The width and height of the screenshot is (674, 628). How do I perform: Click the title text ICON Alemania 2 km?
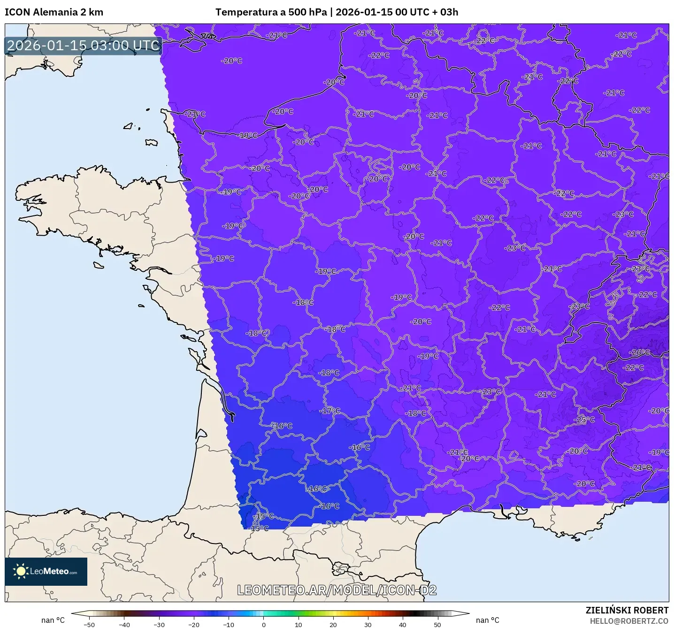pos(54,12)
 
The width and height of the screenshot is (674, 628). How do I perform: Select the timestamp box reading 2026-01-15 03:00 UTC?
pos(84,46)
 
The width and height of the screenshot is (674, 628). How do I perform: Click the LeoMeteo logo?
pos(46,571)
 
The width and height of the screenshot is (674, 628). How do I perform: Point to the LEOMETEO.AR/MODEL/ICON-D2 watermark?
pos(337,590)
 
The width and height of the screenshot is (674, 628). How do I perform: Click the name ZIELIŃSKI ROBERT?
pos(627,610)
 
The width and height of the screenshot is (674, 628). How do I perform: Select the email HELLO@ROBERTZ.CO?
pos(629,621)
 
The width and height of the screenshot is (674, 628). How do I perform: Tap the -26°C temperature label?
pos(640,352)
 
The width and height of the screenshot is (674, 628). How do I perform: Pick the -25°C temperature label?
pos(584,419)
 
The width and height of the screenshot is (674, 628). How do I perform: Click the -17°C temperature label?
pos(330,411)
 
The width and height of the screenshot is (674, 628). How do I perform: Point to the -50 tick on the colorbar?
pos(89,624)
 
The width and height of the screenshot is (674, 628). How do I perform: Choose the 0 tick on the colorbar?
pos(264,624)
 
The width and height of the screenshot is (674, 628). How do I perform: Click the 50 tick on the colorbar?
pos(437,624)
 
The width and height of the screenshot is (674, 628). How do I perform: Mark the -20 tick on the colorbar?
pos(194,624)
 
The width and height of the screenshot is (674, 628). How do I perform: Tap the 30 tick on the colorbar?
pos(368,624)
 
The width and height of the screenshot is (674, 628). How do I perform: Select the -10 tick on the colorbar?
pos(229,624)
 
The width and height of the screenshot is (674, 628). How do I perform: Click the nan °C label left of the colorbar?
pos(53,620)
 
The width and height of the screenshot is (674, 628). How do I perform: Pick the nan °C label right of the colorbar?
pos(487,620)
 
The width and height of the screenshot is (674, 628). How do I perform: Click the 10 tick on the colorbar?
pos(299,624)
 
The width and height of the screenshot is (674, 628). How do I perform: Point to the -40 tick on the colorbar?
pos(124,624)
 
